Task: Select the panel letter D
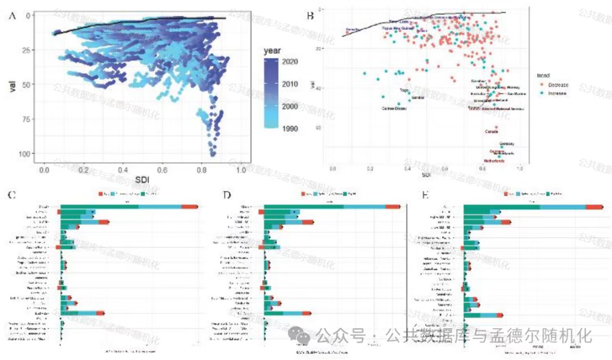click(227, 196)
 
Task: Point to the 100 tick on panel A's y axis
click(23, 154)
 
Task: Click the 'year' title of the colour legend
click(273, 50)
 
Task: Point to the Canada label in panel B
click(491, 132)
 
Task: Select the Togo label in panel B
click(404, 90)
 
